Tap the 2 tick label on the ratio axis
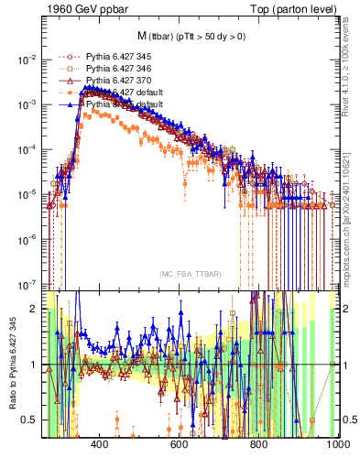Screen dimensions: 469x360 (x=34, y=310)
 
